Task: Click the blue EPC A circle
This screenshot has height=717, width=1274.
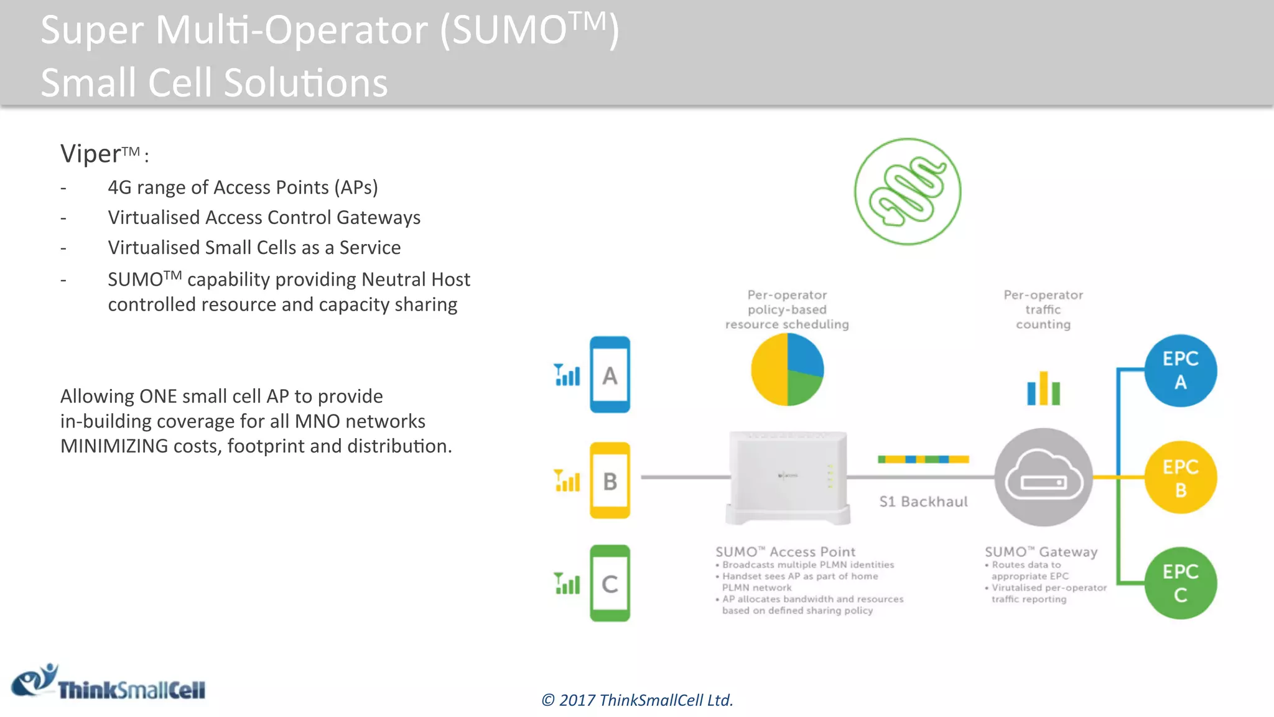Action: coord(1180,371)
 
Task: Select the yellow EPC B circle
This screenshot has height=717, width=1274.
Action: coord(1180,477)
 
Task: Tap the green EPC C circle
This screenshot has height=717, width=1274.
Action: coord(1180,583)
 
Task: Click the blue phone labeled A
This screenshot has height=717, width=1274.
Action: coord(610,375)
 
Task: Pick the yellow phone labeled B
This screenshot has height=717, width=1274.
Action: coord(610,480)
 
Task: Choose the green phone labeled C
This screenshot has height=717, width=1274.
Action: coord(610,583)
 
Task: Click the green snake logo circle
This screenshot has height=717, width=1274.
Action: coord(908,192)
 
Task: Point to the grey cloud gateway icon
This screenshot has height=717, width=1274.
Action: coord(1043,477)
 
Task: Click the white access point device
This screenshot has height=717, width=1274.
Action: coord(788,478)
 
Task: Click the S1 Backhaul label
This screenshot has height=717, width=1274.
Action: coord(923,502)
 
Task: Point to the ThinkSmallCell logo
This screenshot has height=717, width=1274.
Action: coord(109,683)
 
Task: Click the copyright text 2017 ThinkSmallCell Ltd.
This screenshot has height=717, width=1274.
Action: coord(637,700)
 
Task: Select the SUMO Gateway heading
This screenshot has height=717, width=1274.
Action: coord(1041,552)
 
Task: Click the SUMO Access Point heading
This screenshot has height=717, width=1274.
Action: coord(785,552)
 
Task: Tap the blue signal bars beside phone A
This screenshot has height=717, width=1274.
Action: coord(567,375)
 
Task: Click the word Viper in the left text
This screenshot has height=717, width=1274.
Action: coord(91,154)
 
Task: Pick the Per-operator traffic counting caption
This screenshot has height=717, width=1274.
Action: coord(1043,309)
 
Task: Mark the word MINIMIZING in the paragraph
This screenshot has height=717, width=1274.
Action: coord(114,446)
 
